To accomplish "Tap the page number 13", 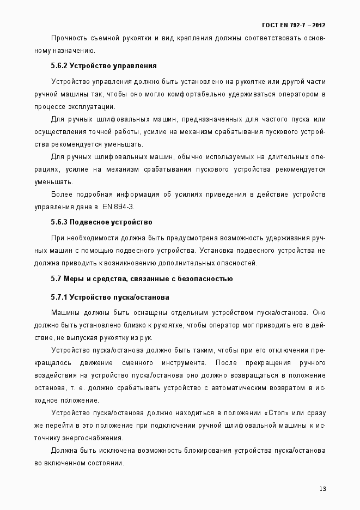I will click(x=322, y=488).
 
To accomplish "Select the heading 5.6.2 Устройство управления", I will click(x=103, y=66).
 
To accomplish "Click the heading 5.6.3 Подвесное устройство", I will click(x=101, y=222).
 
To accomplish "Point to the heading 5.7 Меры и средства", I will click(x=142, y=279).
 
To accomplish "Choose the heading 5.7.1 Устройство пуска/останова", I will click(x=110, y=297).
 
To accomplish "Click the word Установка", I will click(x=218, y=251).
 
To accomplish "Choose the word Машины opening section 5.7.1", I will click(x=66, y=313).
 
